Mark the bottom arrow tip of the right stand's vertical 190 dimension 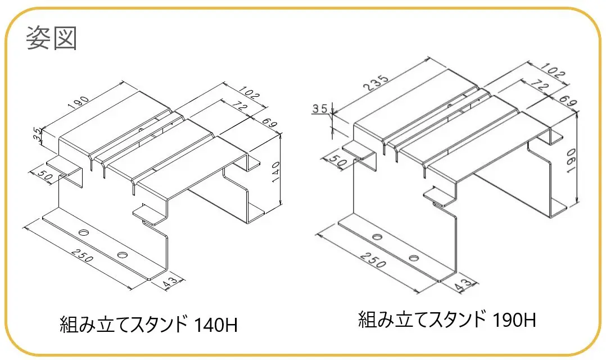click(577, 202)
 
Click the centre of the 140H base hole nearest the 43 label click(123, 255)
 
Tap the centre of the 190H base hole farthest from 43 click(377, 237)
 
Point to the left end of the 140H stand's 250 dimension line click(24, 227)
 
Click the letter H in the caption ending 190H click(530, 320)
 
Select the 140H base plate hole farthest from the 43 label click(84, 233)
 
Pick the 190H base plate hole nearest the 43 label click(414, 258)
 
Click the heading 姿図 click(51, 38)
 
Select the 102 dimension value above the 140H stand click(249, 93)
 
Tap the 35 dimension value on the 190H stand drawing click(320, 109)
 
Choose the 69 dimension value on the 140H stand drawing click(269, 123)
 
